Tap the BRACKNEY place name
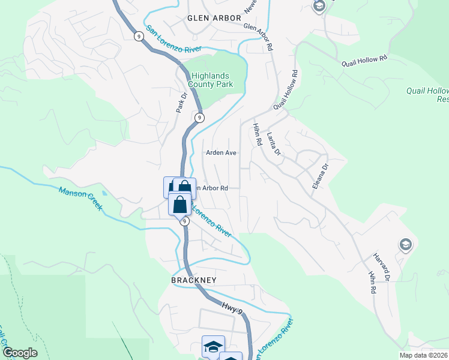[193, 280]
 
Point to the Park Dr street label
[182, 102]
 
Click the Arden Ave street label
[221, 153]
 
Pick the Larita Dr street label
[274, 144]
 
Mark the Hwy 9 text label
[231, 309]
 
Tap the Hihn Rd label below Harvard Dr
[372, 281]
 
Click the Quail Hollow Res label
[426, 95]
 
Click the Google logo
[20, 353]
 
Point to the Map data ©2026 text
[424, 355]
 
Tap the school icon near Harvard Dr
[405, 244]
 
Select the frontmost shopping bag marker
[179, 205]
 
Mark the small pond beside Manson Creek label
[106, 194]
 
